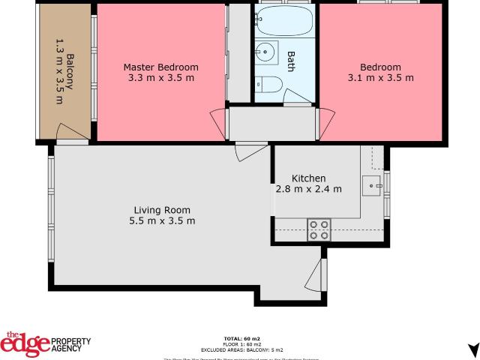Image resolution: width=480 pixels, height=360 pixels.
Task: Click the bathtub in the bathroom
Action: click(285, 22)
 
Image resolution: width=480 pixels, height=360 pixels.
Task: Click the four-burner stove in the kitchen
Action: click(319, 229)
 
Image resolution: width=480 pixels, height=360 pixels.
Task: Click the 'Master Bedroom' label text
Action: click(160, 67)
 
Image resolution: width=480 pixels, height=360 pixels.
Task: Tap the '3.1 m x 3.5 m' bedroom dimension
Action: click(380, 77)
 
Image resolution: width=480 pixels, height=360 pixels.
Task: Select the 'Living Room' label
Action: click(161, 210)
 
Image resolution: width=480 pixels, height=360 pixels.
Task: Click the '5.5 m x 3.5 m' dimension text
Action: click(161, 220)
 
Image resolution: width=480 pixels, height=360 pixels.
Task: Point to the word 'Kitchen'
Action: click(308, 178)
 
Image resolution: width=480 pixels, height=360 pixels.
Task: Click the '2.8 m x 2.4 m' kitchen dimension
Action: click(308, 189)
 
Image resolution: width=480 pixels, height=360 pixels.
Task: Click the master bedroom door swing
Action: click(217, 120)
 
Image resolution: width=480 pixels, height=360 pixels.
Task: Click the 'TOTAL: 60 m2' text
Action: click(241, 339)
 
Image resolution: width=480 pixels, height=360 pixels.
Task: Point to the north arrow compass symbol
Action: click(472, 350)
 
